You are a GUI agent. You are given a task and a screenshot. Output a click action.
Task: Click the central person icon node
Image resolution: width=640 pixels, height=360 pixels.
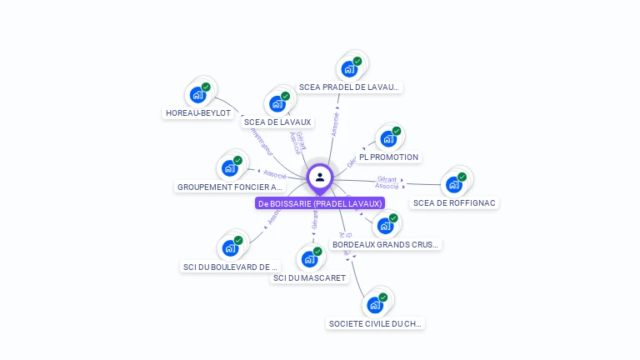point(320,177)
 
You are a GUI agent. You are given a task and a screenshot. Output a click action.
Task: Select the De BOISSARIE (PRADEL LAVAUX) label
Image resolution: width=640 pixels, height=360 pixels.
point(320,203)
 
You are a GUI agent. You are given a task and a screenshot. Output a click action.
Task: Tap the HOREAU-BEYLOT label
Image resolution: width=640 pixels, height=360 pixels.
point(198,113)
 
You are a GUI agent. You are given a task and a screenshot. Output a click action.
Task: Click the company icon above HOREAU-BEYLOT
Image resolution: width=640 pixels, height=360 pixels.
point(198,94)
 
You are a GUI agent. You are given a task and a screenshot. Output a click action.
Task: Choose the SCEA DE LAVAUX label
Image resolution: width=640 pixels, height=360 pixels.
point(277,122)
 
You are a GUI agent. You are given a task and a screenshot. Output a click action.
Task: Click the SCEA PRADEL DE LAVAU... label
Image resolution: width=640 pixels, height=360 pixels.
point(350,87)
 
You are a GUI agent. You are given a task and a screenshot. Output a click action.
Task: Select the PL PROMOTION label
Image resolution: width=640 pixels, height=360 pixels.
point(389,157)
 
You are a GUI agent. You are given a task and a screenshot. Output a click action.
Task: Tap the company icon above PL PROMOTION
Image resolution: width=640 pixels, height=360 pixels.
point(389,138)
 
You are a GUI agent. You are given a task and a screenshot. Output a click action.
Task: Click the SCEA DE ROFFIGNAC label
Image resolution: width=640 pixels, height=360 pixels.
point(455,202)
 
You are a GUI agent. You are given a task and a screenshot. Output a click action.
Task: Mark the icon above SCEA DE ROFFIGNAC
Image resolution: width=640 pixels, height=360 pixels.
point(455,184)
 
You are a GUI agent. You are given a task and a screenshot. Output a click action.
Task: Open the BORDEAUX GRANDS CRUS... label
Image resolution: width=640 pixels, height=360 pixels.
point(385,245)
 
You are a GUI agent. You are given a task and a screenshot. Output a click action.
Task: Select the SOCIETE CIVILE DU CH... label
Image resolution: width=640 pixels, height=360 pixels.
point(375,323)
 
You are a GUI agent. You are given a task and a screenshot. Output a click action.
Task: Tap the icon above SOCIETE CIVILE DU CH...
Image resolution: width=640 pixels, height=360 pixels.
point(376,305)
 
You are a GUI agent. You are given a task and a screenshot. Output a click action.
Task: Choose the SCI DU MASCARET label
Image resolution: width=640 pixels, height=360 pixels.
point(309,277)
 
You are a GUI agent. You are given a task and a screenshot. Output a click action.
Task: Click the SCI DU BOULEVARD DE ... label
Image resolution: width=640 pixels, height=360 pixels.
point(229,267)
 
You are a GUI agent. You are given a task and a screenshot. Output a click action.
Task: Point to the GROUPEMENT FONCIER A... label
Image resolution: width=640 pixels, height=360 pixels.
point(230,187)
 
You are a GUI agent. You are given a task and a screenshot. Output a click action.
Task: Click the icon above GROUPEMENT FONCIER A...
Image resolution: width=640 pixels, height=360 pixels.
point(230,168)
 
